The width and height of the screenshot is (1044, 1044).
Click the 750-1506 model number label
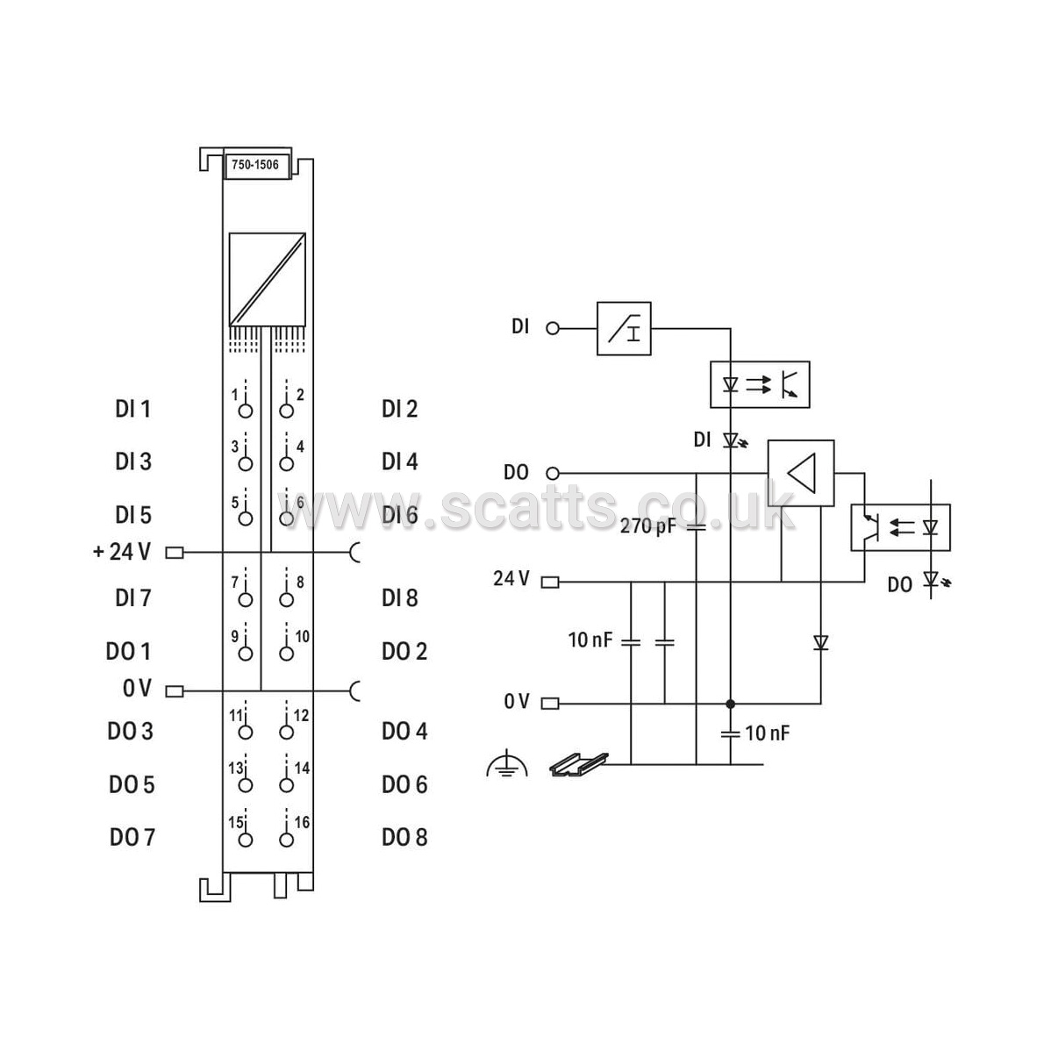255,164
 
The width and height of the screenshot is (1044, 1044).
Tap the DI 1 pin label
133,409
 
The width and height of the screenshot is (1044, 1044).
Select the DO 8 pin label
404,837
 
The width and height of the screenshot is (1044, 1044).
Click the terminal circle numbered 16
286,840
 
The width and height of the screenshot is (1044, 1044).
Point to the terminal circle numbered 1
245,411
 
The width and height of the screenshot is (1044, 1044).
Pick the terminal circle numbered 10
286,654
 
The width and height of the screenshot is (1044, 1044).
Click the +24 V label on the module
122,551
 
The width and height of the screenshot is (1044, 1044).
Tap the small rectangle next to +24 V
175,553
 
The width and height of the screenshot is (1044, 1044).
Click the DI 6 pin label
399,515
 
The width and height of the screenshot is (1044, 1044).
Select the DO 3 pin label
131,731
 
